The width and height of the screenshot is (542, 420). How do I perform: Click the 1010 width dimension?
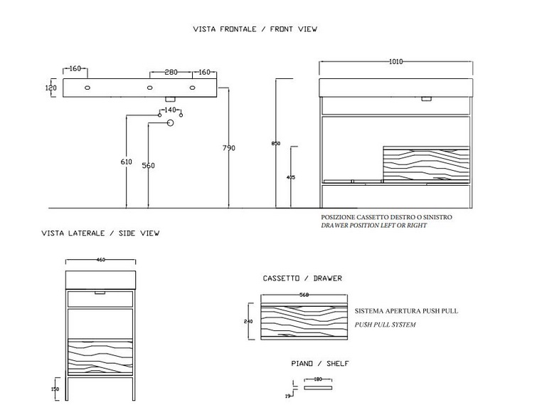tap(395, 62)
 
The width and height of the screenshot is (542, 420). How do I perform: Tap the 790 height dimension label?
tap(229, 148)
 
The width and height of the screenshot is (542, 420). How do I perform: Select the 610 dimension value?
tap(126, 162)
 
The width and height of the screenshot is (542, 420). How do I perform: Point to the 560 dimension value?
tap(148, 166)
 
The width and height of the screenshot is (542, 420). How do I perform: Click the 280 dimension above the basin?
tap(171, 73)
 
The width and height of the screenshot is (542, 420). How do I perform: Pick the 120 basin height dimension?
tap(51, 88)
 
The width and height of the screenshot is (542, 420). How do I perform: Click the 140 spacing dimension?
tap(170, 110)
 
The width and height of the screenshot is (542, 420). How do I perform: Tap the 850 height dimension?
tap(276, 144)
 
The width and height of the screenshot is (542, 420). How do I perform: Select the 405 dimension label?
tap(291, 177)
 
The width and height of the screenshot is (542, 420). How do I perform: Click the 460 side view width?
tap(100, 260)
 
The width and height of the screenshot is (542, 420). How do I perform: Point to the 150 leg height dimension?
tap(55, 389)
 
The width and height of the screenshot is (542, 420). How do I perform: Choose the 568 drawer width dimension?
tap(304, 295)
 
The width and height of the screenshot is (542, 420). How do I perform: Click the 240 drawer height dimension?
tap(248, 321)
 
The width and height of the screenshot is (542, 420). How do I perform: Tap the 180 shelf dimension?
tap(318, 379)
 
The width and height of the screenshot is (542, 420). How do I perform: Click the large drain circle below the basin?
tap(170, 123)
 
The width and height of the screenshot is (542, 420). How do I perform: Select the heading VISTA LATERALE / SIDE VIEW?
tap(100, 233)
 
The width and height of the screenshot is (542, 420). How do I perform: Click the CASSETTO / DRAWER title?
tap(302, 278)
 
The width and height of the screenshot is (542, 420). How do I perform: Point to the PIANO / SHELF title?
tap(320, 364)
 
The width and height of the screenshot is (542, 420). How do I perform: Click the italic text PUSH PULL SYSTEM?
tap(385, 325)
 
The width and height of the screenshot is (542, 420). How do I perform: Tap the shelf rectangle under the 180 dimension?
tap(318, 388)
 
